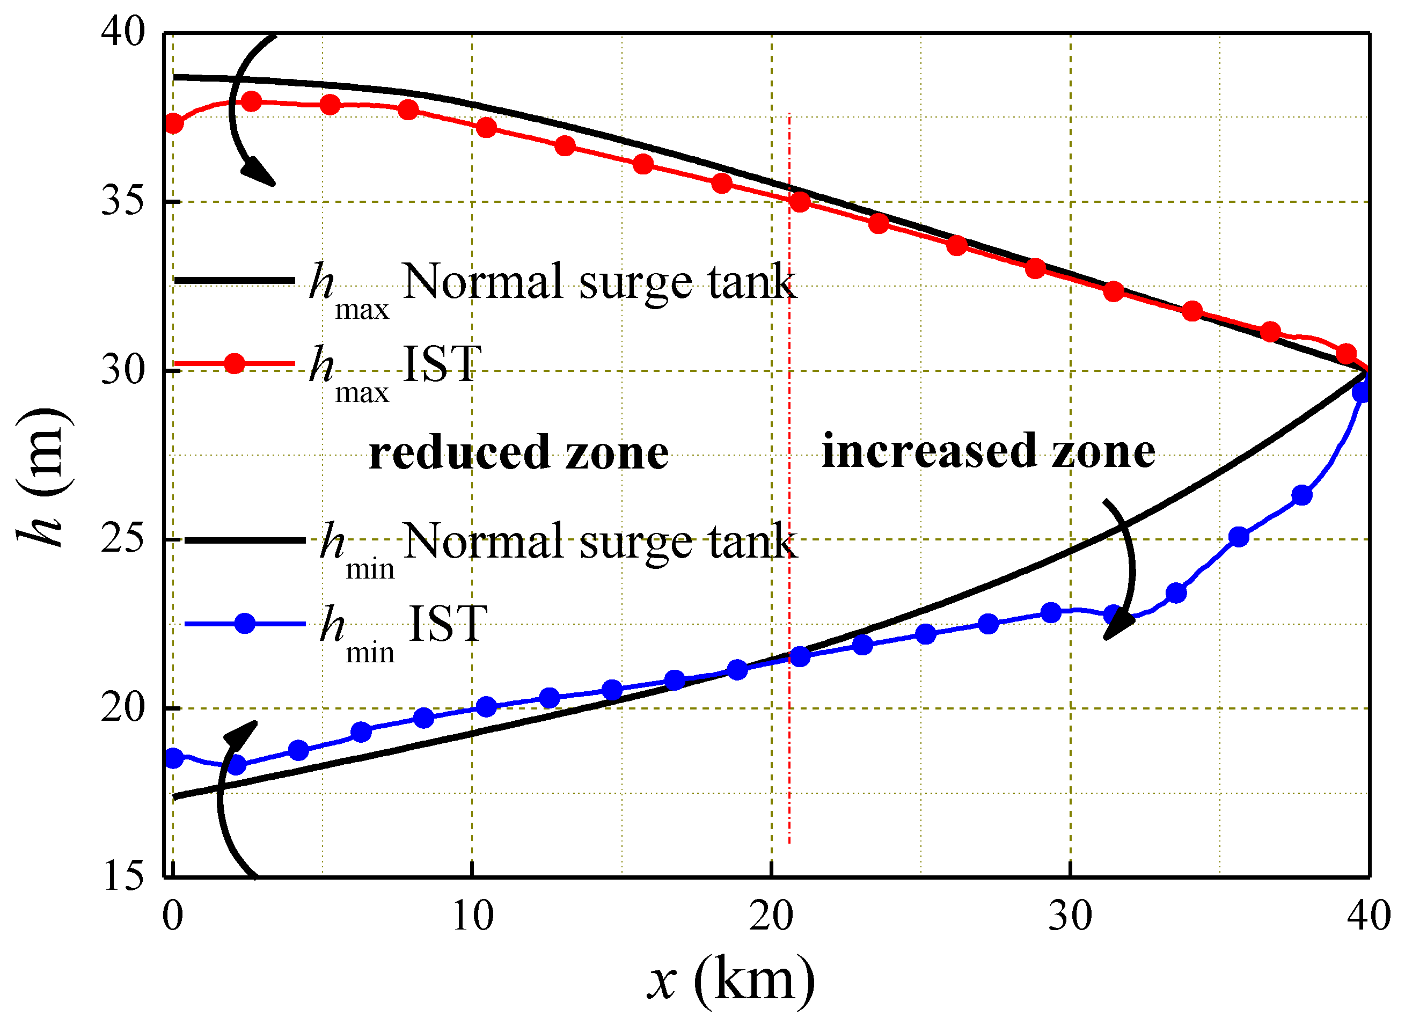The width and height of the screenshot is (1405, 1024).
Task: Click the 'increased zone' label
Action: pos(988,451)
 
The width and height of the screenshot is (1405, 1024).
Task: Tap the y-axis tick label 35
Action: pos(123,200)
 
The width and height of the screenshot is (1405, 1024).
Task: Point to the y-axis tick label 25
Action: pos(123,538)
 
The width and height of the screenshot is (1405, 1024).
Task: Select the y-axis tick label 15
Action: pos(123,876)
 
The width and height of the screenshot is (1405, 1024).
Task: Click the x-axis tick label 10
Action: pos(473,916)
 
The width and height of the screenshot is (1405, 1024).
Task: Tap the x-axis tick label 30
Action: pos(1070,916)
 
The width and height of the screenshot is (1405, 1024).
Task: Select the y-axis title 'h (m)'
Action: pos(41,477)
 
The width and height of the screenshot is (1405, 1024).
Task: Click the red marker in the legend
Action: pos(235,363)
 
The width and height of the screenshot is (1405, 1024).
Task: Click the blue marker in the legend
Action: pos(245,623)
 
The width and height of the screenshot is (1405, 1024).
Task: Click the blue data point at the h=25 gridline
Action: pos(1238,537)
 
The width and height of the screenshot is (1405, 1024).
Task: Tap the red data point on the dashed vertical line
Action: pos(800,202)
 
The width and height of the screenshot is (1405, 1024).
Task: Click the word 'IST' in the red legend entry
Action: pos(442,363)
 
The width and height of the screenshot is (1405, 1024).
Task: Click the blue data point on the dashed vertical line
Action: pos(800,656)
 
